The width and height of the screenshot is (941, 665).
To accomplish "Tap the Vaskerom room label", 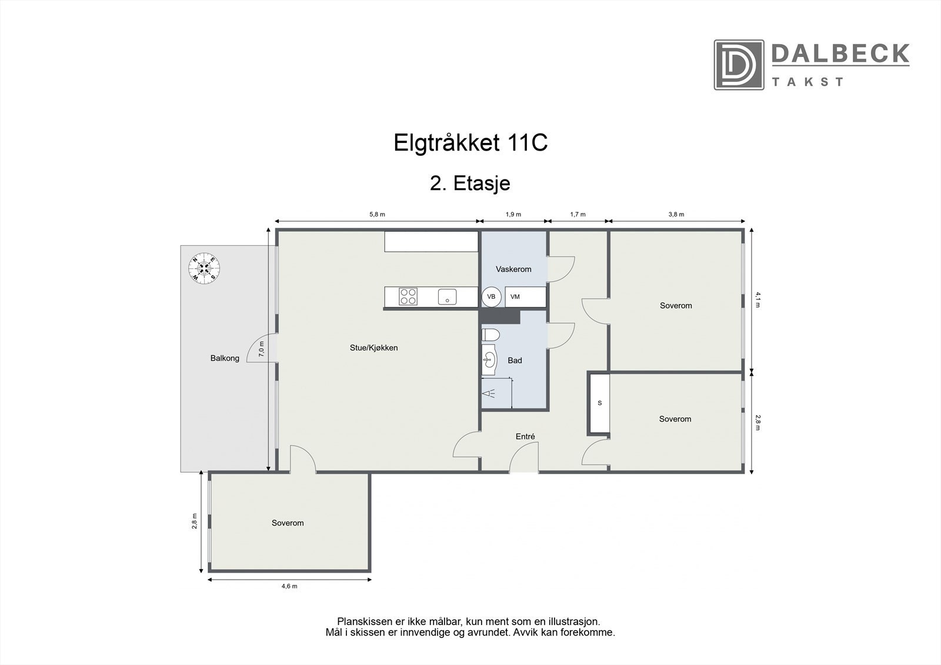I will pos(513,269).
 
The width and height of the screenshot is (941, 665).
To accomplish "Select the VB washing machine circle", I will pos(491,297).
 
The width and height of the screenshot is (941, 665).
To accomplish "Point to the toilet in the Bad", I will pos(490,335).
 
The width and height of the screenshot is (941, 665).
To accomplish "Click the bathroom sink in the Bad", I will pos(489,360).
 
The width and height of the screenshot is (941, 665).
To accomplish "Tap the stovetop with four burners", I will pos(408,296).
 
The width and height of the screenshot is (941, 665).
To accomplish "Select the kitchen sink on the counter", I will pos(448,297).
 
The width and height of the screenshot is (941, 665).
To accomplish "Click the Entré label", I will pos(525,437).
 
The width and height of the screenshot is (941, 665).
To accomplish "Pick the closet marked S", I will pos(599,403).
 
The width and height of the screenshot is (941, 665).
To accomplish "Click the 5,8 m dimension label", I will pos(377,215).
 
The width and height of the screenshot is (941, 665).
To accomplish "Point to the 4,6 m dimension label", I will pos(289,586).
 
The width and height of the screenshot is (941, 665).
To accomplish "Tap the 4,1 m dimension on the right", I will pos(758,300).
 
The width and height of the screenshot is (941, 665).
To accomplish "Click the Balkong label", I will pos(225,358).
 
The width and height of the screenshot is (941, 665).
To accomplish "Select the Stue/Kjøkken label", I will pos(373,348).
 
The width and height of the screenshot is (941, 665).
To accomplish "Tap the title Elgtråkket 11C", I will pos(470,143).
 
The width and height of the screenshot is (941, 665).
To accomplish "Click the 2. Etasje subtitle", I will pos(470,183).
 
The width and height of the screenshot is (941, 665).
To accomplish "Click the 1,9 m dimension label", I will pos(513,215).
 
